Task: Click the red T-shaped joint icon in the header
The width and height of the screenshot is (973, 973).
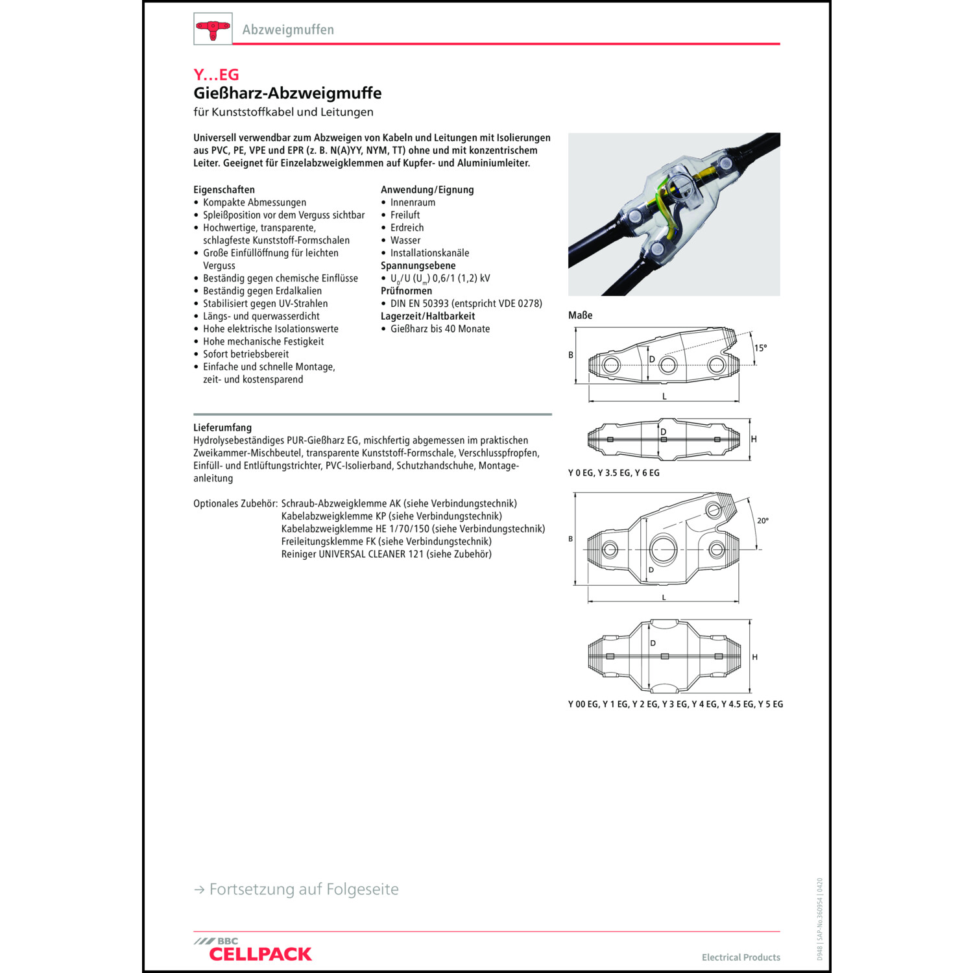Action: click(x=213, y=29)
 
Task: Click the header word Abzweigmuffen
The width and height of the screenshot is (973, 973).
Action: click(x=288, y=30)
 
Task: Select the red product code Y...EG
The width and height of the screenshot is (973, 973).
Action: click(x=216, y=75)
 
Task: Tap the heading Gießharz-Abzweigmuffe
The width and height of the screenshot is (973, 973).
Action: click(x=287, y=93)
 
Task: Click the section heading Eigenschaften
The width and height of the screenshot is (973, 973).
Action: click(x=224, y=189)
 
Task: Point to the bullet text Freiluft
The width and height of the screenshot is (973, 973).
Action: click(x=405, y=215)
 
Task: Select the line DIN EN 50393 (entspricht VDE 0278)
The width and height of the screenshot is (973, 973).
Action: click(x=466, y=304)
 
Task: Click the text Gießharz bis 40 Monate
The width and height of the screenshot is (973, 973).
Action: click(x=440, y=329)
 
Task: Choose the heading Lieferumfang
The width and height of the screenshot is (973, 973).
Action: click(x=222, y=427)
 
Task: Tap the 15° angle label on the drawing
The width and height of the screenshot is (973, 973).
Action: click(x=760, y=348)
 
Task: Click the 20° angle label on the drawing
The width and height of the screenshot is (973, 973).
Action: click(x=763, y=520)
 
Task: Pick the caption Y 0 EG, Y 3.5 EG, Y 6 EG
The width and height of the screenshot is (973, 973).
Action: click(x=614, y=473)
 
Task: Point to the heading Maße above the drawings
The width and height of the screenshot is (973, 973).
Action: click(x=580, y=315)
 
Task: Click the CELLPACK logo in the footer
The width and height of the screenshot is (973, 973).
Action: click(x=259, y=954)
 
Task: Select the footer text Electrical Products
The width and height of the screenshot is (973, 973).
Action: click(x=741, y=957)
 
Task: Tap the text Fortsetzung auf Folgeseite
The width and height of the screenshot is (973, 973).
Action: click(x=304, y=889)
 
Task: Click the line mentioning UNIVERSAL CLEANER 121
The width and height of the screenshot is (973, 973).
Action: click(x=386, y=554)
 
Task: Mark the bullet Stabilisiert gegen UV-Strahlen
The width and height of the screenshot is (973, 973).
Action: click(x=265, y=304)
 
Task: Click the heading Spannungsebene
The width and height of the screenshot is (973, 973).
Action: click(x=418, y=265)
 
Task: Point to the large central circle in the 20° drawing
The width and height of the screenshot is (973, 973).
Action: click(x=663, y=549)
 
